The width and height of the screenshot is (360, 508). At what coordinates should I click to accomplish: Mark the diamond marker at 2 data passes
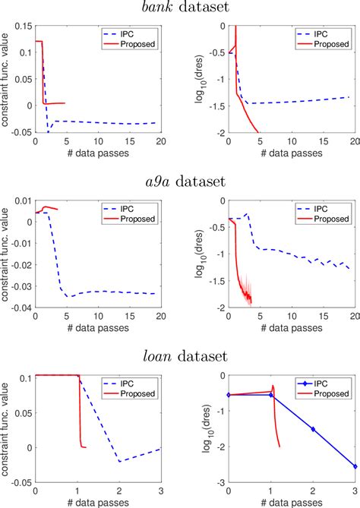[x=312, y=429]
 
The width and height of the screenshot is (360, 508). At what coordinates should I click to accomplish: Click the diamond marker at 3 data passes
[x=355, y=466]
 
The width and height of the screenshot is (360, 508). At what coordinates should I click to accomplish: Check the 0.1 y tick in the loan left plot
[x=25, y=377]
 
